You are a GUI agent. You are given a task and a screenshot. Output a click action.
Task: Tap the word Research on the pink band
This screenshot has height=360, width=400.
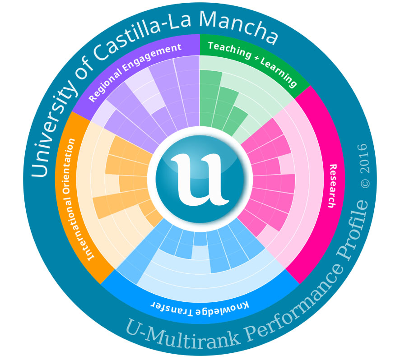[333, 185]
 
